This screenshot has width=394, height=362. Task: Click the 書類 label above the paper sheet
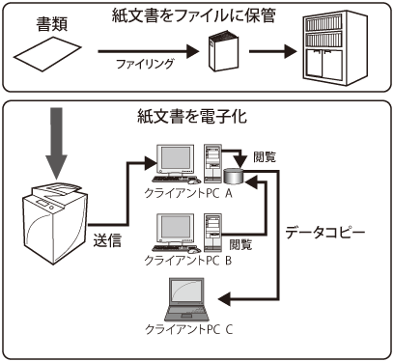tap(52, 24)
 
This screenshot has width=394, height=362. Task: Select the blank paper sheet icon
tap(47, 54)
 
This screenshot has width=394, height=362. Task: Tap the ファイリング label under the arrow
tap(145, 64)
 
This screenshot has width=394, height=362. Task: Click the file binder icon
tap(223, 50)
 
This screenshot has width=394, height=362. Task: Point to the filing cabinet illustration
tap(335, 46)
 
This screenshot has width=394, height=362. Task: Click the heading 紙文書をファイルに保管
tap(194, 15)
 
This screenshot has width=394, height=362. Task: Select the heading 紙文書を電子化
tap(192, 116)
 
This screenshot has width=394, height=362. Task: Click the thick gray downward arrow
tap(56, 143)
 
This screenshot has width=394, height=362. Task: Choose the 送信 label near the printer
tap(107, 239)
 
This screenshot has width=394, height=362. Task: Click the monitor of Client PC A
tap(176, 160)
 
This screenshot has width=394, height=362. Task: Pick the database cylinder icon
tap(234, 177)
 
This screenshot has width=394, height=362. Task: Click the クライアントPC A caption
tap(188, 193)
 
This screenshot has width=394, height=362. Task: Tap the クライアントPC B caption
tap(188, 260)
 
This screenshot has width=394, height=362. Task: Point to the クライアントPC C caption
tap(188, 329)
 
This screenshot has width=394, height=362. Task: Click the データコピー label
tap(325, 233)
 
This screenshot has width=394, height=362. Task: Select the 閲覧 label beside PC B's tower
tap(241, 244)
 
